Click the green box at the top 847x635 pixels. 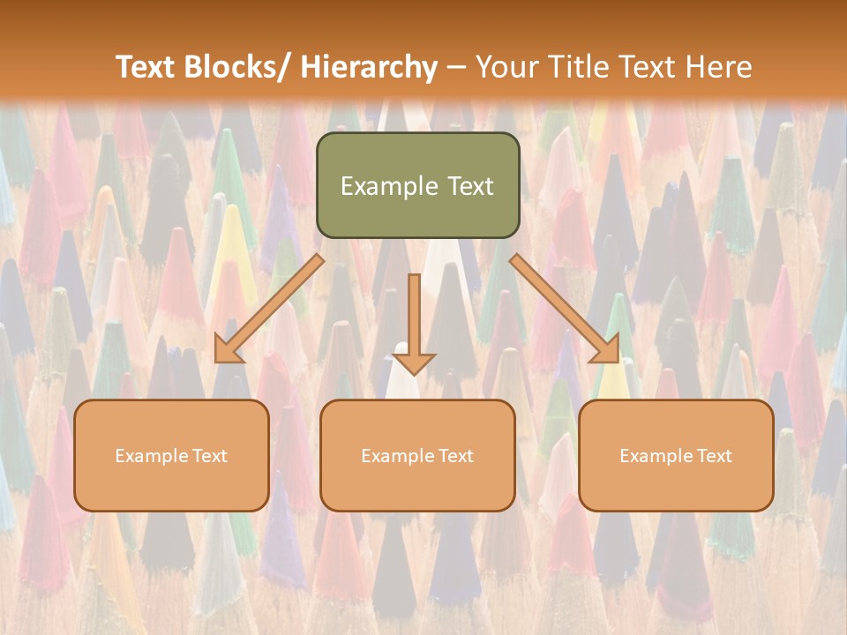(417, 185)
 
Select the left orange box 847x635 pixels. (171, 455)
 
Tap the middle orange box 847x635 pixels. (417, 455)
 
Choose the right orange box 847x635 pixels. (676, 455)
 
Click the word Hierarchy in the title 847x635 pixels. (369, 67)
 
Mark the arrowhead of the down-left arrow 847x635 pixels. (227, 350)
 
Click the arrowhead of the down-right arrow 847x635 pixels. (607, 350)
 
